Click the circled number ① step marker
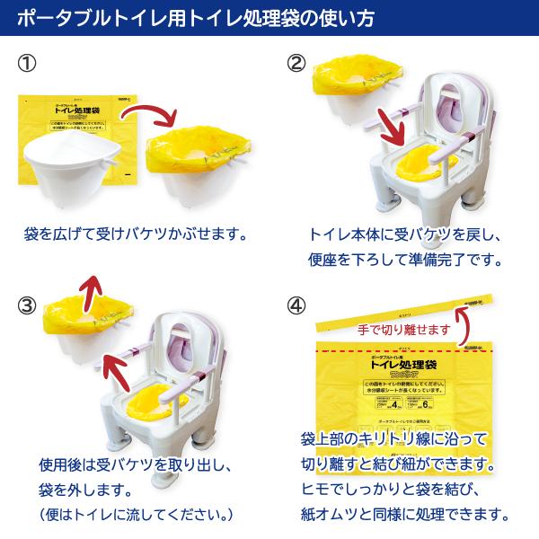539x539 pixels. pyautogui.click(x=29, y=65)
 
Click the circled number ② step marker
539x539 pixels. pyautogui.click(x=297, y=65)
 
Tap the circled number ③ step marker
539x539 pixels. pyautogui.click(x=29, y=305)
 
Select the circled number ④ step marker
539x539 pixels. pyautogui.click(x=297, y=305)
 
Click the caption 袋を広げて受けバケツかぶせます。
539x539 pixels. pyautogui.click(x=135, y=235)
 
